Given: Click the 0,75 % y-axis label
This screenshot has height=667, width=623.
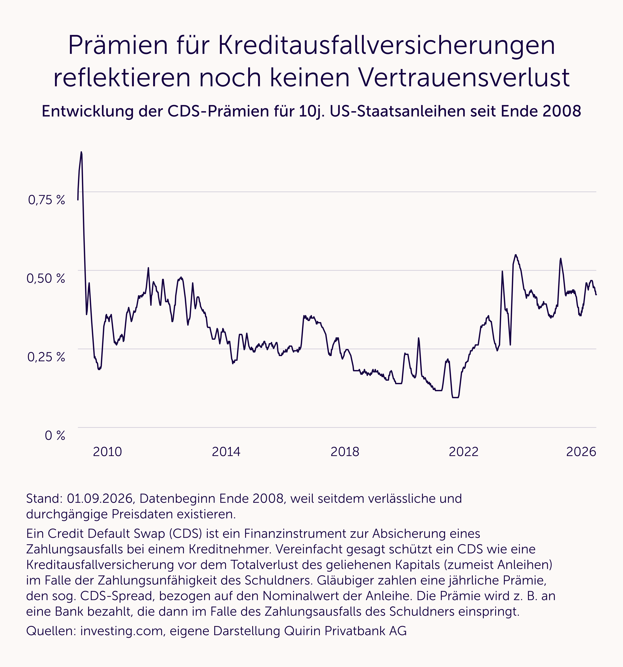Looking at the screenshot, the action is click(x=46, y=200).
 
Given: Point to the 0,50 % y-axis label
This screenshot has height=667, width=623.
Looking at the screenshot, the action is click(x=46, y=278).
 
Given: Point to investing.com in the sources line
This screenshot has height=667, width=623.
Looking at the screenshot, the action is click(x=122, y=631).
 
